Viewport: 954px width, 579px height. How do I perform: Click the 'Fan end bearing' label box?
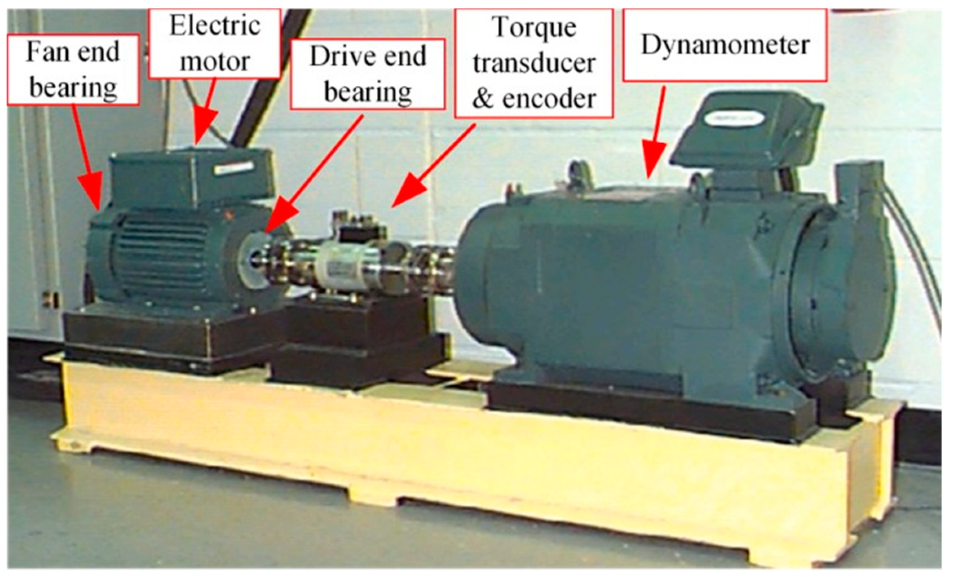click(x=73, y=70)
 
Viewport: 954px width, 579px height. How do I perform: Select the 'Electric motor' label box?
click(x=215, y=43)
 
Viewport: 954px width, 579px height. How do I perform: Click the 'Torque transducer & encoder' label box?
click(x=534, y=64)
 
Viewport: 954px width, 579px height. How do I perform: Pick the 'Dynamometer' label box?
click(x=725, y=45)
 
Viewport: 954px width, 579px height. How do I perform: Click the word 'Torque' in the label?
click(x=534, y=28)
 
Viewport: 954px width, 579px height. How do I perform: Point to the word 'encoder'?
click(x=549, y=99)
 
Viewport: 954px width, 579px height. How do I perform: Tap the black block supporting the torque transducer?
click(x=359, y=339)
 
